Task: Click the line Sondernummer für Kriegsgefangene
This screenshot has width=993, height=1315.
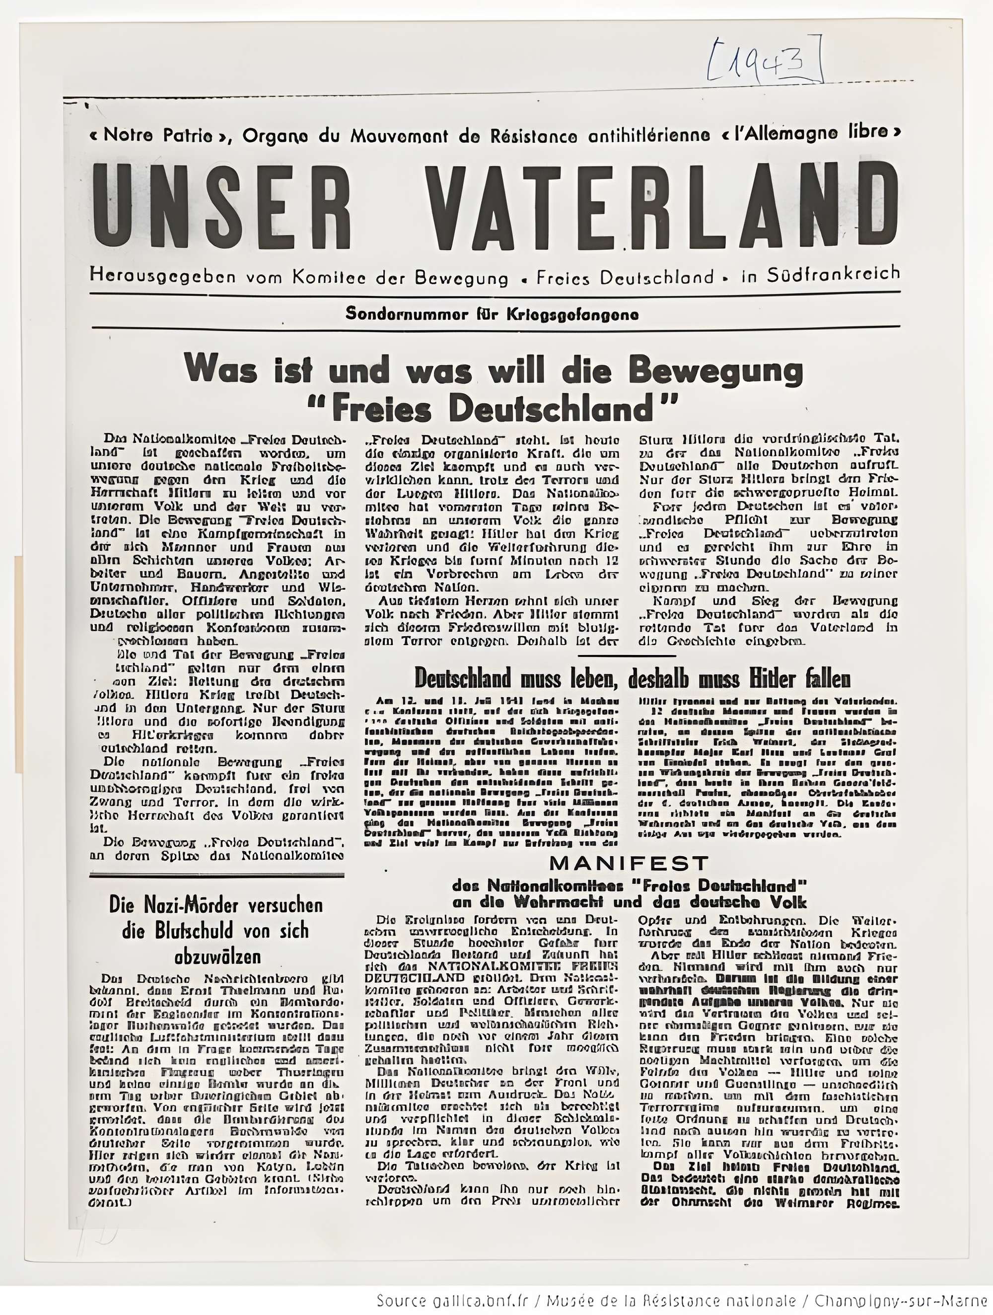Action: (492, 314)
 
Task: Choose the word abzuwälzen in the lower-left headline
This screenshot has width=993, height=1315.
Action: (217, 957)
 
